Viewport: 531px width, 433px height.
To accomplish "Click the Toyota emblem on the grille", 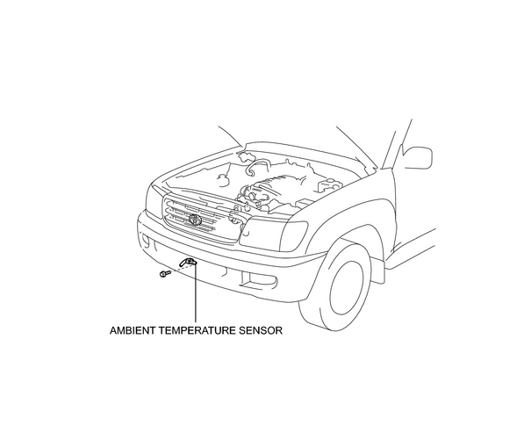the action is pyautogui.click(x=196, y=220).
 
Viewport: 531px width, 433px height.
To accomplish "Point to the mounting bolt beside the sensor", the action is pyautogui.click(x=165, y=273).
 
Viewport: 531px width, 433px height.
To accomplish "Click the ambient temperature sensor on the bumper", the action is pyautogui.click(x=189, y=263).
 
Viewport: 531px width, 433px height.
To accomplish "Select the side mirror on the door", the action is pyautogui.click(x=418, y=157).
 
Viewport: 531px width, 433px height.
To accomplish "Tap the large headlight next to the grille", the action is pyautogui.click(x=273, y=235).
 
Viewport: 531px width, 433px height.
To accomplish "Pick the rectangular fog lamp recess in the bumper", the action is pyautogui.click(x=263, y=279).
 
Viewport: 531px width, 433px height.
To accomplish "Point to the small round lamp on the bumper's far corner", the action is pyautogui.click(x=146, y=241).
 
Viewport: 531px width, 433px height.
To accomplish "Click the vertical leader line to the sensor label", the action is pyautogui.click(x=196, y=292).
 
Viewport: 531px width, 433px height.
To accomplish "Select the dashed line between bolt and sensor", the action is pyautogui.click(x=177, y=269).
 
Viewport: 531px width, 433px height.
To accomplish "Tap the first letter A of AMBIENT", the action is pyautogui.click(x=113, y=330).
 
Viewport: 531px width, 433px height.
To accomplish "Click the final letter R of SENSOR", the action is pyautogui.click(x=279, y=330).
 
